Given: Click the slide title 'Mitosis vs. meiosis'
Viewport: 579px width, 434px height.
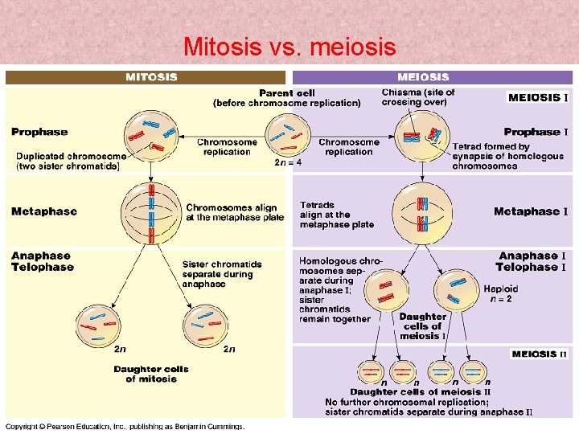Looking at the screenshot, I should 289,47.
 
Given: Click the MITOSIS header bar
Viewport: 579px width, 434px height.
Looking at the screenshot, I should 146,77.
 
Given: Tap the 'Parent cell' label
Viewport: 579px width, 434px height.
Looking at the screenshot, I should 286,93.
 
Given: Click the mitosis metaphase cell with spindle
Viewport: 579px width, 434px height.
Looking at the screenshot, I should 150,212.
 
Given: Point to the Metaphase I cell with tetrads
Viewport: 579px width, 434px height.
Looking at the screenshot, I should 422,212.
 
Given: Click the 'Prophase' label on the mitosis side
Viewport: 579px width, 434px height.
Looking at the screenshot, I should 39,132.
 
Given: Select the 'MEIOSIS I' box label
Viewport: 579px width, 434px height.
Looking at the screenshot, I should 538,97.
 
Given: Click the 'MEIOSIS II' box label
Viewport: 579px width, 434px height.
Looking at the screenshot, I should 539,354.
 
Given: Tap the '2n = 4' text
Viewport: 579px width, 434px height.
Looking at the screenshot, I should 288,162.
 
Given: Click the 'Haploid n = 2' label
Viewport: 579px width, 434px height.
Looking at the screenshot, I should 500,293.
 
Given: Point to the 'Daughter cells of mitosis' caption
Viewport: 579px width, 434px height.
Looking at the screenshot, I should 150,374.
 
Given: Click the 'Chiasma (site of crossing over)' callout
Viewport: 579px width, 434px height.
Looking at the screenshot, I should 417,97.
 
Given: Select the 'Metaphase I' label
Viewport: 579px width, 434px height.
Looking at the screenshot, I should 531,211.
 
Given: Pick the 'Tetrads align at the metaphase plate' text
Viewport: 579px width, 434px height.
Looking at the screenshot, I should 336,215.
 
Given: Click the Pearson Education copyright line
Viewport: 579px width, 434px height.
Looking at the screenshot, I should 125,426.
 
